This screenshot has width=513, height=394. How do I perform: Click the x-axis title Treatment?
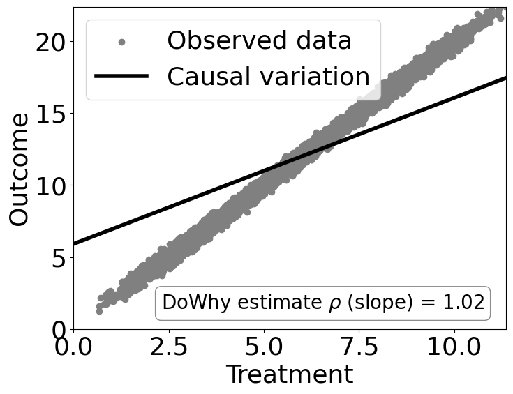click(x=289, y=374)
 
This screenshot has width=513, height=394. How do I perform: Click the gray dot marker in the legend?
click(x=121, y=42)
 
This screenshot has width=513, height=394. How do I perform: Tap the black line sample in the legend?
click(x=121, y=76)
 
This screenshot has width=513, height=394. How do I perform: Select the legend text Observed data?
click(x=259, y=41)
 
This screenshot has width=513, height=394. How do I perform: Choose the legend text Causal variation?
click(x=268, y=76)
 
